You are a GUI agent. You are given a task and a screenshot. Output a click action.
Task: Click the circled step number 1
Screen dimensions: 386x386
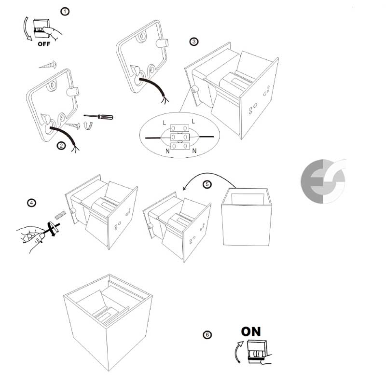click(x=65, y=11)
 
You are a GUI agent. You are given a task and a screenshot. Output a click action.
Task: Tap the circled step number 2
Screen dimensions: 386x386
click(x=61, y=146)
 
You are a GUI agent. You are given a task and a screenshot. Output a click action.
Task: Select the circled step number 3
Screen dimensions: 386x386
click(x=194, y=41)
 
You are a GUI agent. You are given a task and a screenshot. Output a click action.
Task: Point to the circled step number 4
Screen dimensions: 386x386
click(x=31, y=203)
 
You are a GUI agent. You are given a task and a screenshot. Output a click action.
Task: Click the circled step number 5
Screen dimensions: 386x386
click(x=207, y=184)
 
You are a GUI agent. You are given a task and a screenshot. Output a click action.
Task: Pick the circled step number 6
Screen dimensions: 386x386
click(x=207, y=335)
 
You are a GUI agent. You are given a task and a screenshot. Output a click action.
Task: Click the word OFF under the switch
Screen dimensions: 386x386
click(x=44, y=44)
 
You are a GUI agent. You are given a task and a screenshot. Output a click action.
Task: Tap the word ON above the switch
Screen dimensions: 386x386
click(x=251, y=331)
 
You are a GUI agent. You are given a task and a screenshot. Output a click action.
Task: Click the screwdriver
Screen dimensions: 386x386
click(x=98, y=116)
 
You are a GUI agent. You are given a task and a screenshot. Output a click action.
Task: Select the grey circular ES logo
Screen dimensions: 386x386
click(x=323, y=181)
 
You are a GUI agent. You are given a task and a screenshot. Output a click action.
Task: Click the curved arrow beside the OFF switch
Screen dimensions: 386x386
click(x=26, y=29)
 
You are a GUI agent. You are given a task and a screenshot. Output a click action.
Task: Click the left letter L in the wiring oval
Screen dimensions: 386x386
click(x=165, y=123)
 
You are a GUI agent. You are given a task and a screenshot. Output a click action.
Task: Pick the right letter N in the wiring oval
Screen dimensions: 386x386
click(x=194, y=151)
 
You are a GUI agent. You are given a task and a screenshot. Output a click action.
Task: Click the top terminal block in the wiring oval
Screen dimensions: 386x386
click(x=179, y=128)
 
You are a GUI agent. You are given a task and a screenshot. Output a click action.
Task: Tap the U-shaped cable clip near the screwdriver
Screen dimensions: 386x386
click(x=88, y=125)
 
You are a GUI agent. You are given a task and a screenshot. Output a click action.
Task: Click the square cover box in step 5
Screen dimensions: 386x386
click(x=246, y=217)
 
